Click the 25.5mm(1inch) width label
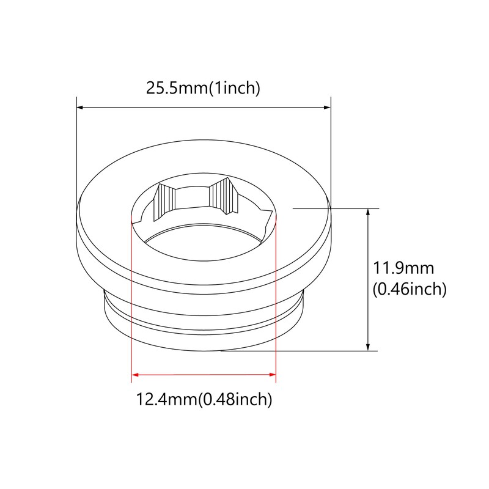coord(203,88)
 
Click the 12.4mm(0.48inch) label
coord(203,400)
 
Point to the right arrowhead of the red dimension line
coord(272,373)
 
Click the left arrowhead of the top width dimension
coord(80,108)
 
